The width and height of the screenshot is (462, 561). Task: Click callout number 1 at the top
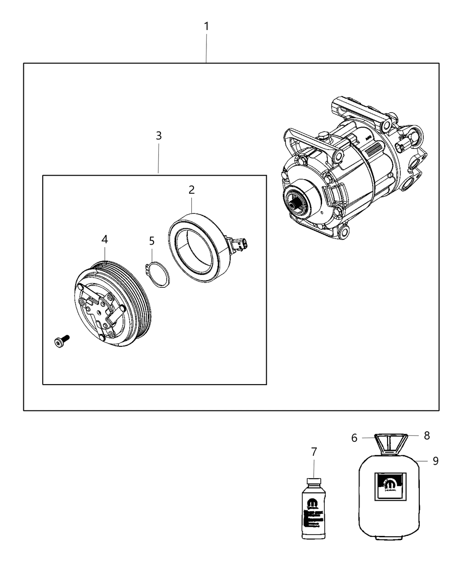[206, 27]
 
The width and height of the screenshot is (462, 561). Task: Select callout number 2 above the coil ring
[191, 190]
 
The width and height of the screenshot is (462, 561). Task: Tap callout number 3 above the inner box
[158, 136]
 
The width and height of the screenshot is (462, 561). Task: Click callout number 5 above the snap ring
[152, 241]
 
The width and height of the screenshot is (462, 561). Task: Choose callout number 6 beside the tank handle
[354, 437]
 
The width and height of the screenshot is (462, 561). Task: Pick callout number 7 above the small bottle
[314, 452]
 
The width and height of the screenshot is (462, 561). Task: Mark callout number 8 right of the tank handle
[426, 436]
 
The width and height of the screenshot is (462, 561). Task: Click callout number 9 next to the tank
[435, 461]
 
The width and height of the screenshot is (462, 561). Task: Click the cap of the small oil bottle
[313, 481]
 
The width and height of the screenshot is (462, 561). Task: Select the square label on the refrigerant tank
[389, 486]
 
